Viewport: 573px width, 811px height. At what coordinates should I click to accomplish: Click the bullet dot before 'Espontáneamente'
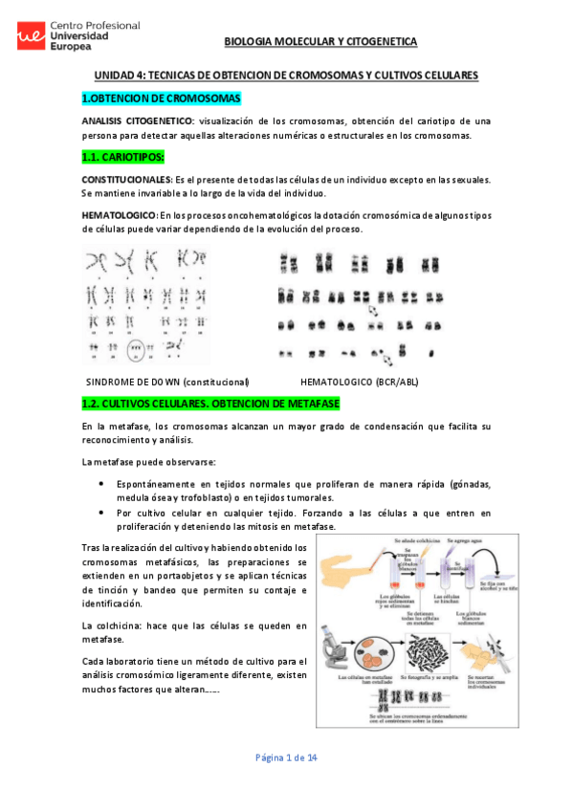[102, 485]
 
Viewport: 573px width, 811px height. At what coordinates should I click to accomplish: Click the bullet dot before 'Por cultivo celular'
[102, 512]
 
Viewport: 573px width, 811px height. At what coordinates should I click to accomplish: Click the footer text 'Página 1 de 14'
[286, 757]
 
